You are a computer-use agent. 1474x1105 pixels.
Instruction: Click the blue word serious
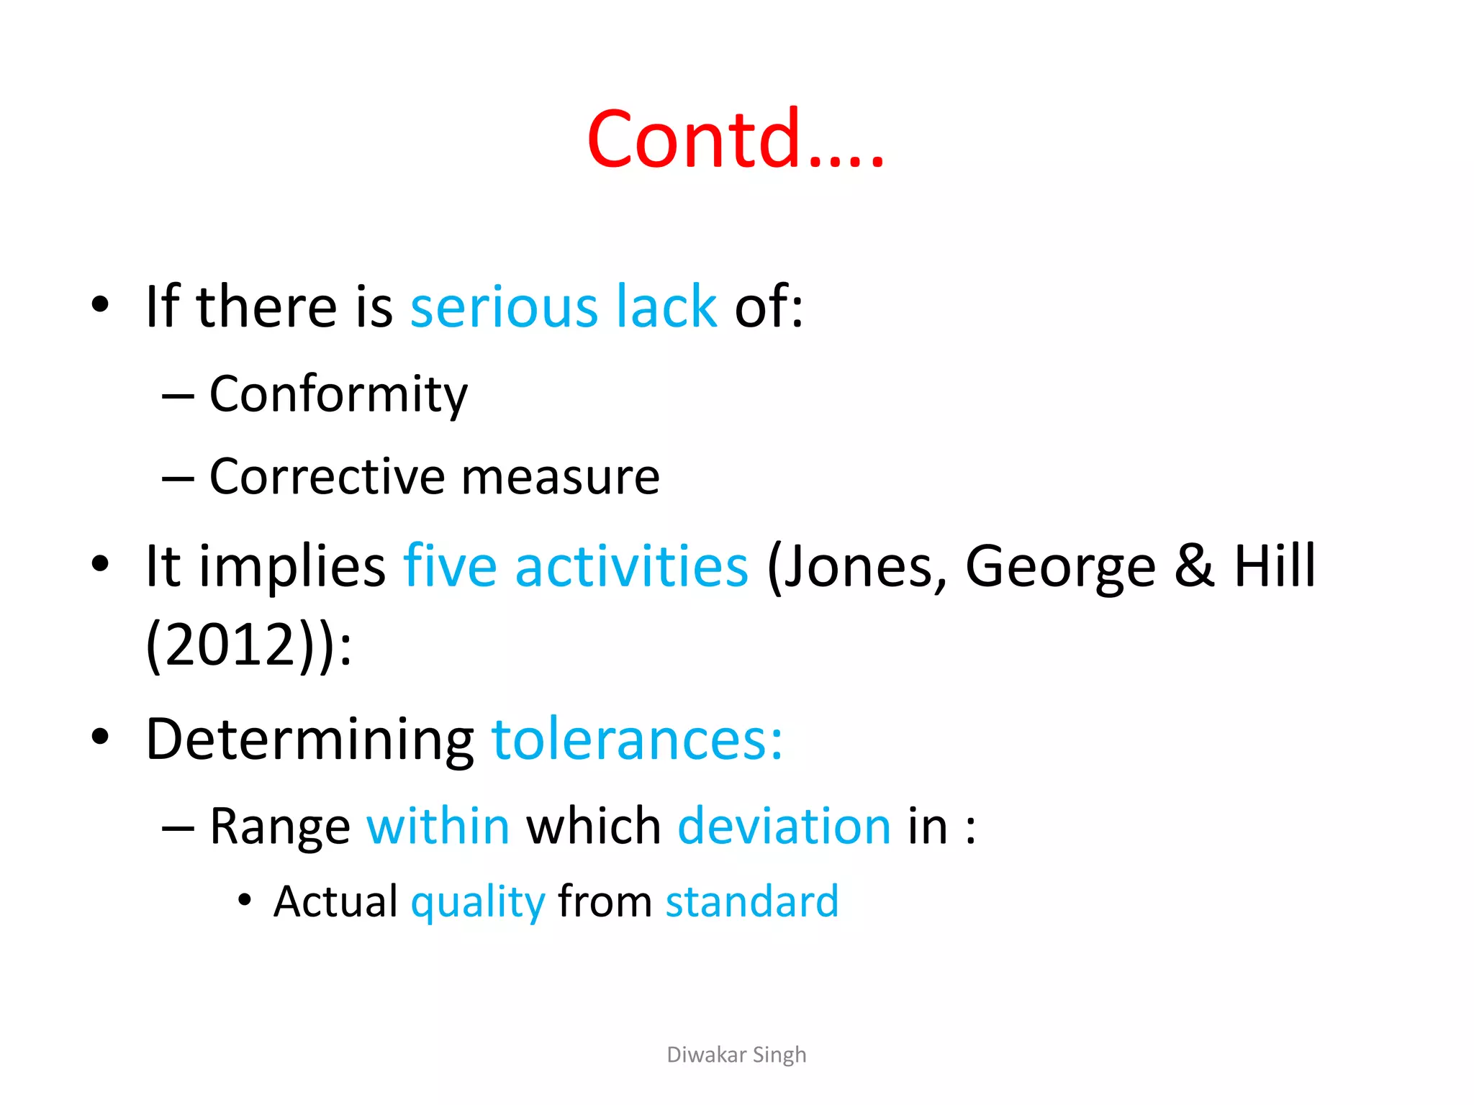pyautogui.click(x=504, y=307)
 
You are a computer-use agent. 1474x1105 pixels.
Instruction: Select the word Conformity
pyautogui.click(x=338, y=395)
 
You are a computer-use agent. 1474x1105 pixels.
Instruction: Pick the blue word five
pyautogui.click(x=450, y=567)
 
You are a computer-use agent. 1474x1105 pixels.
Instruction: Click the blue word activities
pyautogui.click(x=632, y=567)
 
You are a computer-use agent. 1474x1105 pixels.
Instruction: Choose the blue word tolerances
pyautogui.click(x=636, y=740)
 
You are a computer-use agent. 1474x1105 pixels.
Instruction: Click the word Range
pyautogui.click(x=280, y=827)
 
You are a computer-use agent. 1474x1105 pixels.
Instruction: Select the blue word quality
pyautogui.click(x=478, y=903)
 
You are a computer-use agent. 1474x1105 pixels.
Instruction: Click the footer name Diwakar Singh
pyautogui.click(x=736, y=1055)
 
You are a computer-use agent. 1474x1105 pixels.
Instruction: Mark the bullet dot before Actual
pyautogui.click(x=245, y=900)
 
